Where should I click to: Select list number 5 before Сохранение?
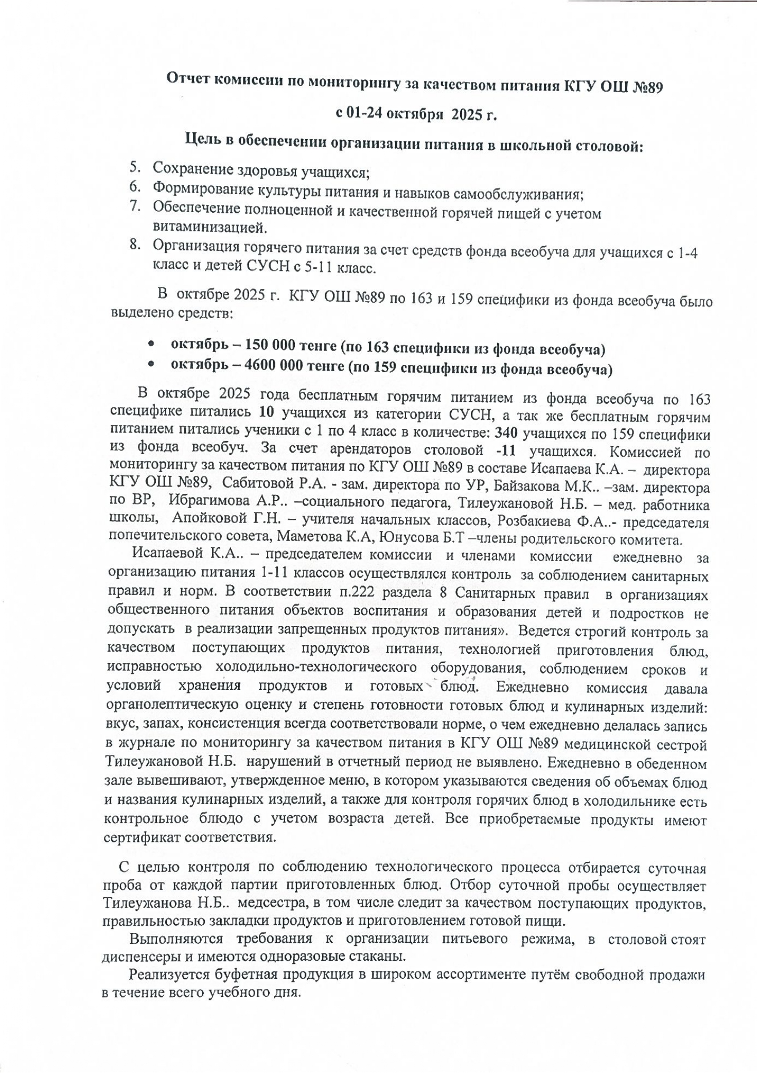click(x=135, y=166)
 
